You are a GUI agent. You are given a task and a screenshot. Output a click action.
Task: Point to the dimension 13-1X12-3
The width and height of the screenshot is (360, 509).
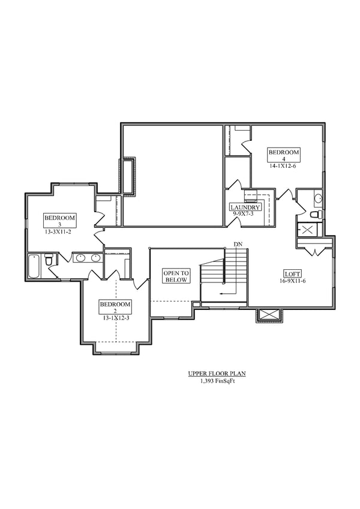pyautogui.click(x=114, y=318)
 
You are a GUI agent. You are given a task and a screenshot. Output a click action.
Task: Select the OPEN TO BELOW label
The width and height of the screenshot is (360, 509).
pyautogui.click(x=176, y=276)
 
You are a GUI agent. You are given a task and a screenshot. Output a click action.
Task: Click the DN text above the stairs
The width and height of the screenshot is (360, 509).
pyautogui.click(x=238, y=245)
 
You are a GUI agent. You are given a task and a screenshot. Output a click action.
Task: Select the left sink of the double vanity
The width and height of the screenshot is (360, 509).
pyautogui.click(x=80, y=258)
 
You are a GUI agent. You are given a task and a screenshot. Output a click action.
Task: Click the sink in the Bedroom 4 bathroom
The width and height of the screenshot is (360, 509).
pyautogui.click(x=318, y=198)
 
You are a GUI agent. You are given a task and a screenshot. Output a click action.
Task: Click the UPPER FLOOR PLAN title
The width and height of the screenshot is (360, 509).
pyautogui.click(x=217, y=374)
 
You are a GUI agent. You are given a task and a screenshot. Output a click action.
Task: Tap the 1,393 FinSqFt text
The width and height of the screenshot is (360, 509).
pyautogui.click(x=217, y=380)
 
